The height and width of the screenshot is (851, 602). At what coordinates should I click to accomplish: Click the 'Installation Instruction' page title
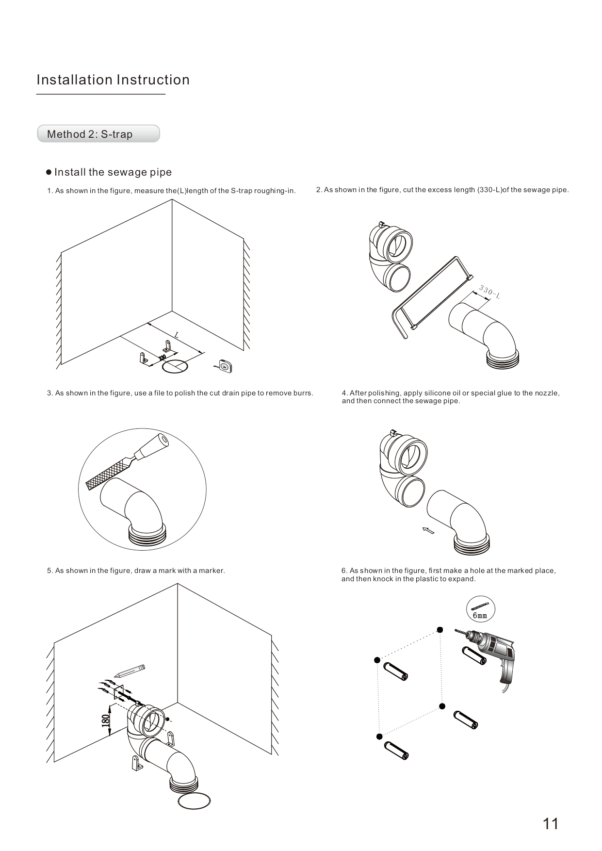[x=113, y=80]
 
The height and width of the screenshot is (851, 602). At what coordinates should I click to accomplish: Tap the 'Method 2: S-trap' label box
[x=98, y=134]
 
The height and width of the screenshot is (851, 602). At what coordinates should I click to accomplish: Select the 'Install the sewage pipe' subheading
[x=113, y=172]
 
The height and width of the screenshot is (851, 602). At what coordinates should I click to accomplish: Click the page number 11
[x=551, y=824]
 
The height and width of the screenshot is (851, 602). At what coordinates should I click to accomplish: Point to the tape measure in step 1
[x=225, y=365]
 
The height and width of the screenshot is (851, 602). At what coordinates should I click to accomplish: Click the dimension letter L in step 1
[x=177, y=335]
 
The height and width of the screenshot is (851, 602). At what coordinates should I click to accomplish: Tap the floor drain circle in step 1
[x=174, y=366]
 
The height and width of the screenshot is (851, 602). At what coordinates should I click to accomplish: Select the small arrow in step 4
[x=428, y=530]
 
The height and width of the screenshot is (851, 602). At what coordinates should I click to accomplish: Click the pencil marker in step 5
[x=130, y=671]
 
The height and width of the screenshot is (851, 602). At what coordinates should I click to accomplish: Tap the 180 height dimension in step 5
[x=105, y=720]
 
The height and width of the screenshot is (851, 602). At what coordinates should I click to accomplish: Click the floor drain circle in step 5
[x=195, y=801]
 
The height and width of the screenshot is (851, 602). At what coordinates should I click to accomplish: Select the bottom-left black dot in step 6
[x=379, y=736]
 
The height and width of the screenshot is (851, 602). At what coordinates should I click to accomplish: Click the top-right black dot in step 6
[x=439, y=630]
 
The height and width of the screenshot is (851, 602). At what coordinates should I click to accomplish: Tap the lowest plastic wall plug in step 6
[x=396, y=750]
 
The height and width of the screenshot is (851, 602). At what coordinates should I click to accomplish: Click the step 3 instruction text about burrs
[x=180, y=393]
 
